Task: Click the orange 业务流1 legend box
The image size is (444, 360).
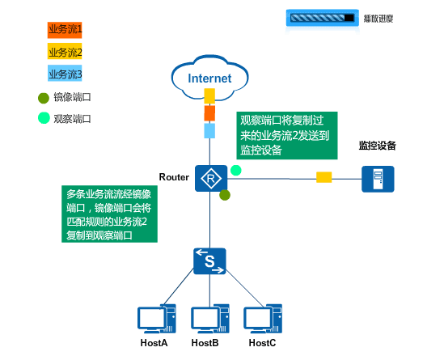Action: pos(65,30)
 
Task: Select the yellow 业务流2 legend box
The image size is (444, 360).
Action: pos(65,51)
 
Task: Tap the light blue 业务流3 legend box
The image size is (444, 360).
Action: pos(65,74)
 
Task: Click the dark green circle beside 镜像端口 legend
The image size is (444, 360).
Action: pos(44,98)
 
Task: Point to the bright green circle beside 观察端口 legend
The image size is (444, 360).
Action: pos(44,118)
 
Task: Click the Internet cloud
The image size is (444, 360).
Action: pos(209,78)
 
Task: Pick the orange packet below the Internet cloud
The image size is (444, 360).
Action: pos(209,113)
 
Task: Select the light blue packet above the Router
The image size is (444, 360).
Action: pos(209,130)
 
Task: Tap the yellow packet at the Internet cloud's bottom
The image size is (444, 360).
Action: pos(209,95)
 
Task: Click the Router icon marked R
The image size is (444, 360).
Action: pos(211,179)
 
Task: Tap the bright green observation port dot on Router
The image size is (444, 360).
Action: pos(236,170)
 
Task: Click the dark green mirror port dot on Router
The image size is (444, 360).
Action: pos(225,195)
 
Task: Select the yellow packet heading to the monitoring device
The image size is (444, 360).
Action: pos(324,177)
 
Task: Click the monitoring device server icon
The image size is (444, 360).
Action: pos(378,179)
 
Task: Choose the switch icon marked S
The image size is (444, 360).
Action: pos(209,261)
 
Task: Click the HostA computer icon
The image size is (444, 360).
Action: pos(157,319)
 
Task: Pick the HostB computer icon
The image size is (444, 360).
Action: pos(209,319)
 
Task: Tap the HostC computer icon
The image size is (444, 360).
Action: pos(263,319)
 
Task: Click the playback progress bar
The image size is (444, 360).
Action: pos(323,18)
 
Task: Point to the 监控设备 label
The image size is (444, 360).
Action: pos(377,146)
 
